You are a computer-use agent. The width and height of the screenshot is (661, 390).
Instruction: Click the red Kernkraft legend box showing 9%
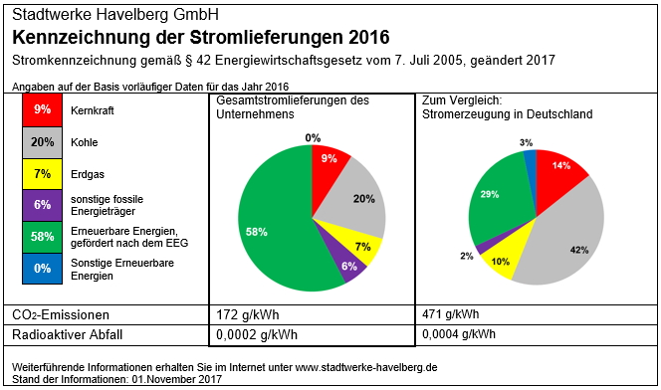click(x=42, y=109)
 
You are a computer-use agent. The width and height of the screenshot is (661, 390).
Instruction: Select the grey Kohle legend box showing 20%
click(x=42, y=142)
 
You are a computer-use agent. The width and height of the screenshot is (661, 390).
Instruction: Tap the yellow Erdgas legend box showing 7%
click(x=42, y=174)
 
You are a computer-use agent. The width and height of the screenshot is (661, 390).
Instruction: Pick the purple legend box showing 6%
click(x=42, y=205)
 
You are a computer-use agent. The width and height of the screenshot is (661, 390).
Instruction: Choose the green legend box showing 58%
click(x=42, y=237)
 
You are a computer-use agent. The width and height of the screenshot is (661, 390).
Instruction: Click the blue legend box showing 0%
click(x=42, y=269)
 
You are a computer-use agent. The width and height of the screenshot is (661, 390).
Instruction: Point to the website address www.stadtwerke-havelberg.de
click(x=366, y=367)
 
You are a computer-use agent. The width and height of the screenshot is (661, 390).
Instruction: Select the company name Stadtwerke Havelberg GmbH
click(x=115, y=16)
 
